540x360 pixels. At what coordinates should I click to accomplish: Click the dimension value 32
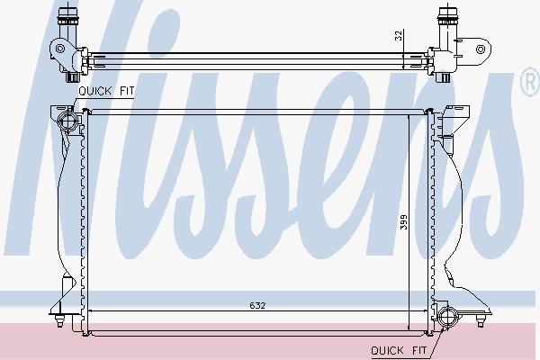[x=399, y=36]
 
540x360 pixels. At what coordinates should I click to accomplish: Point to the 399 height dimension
[x=403, y=222]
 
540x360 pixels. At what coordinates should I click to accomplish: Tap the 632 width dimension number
[x=257, y=306]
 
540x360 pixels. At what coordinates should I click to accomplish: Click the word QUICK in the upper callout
[x=95, y=91]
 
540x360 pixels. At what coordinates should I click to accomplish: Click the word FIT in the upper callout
[x=126, y=91]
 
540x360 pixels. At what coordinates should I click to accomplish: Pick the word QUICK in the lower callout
[x=387, y=351]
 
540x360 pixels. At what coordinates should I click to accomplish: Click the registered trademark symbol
[x=531, y=82]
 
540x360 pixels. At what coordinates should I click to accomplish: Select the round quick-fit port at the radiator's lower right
[x=447, y=316]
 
